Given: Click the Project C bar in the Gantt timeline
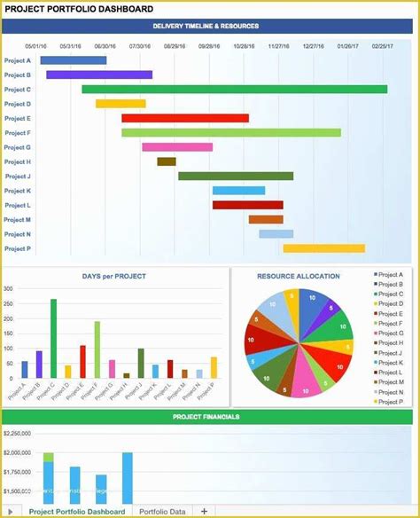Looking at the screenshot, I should pyautogui.click(x=234, y=89).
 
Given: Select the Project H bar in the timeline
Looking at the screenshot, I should pyautogui.click(x=167, y=161).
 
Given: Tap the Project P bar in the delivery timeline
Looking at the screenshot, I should pyautogui.click(x=323, y=248).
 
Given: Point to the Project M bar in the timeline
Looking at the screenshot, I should pyautogui.click(x=265, y=219).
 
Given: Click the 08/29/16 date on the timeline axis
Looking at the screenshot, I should pyautogui.click(x=175, y=46).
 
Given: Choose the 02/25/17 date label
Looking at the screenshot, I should pyautogui.click(x=382, y=46).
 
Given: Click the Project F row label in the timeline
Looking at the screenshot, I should pyautogui.click(x=18, y=133).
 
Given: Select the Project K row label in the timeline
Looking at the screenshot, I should pyautogui.click(x=18, y=191).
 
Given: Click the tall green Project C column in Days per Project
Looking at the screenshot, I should pyautogui.click(x=53, y=338).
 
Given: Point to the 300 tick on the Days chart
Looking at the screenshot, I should pyautogui.click(x=8, y=289).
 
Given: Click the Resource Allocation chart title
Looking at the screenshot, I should pyautogui.click(x=299, y=276).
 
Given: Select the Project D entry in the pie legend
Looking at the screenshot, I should pyautogui.click(x=390, y=303).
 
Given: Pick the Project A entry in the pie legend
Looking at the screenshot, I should pyautogui.click(x=390, y=275).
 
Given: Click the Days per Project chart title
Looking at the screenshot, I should pyautogui.click(x=115, y=276).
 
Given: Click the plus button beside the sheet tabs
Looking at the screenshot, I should pyautogui.click(x=204, y=511).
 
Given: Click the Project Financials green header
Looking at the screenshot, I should pyautogui.click(x=207, y=416).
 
